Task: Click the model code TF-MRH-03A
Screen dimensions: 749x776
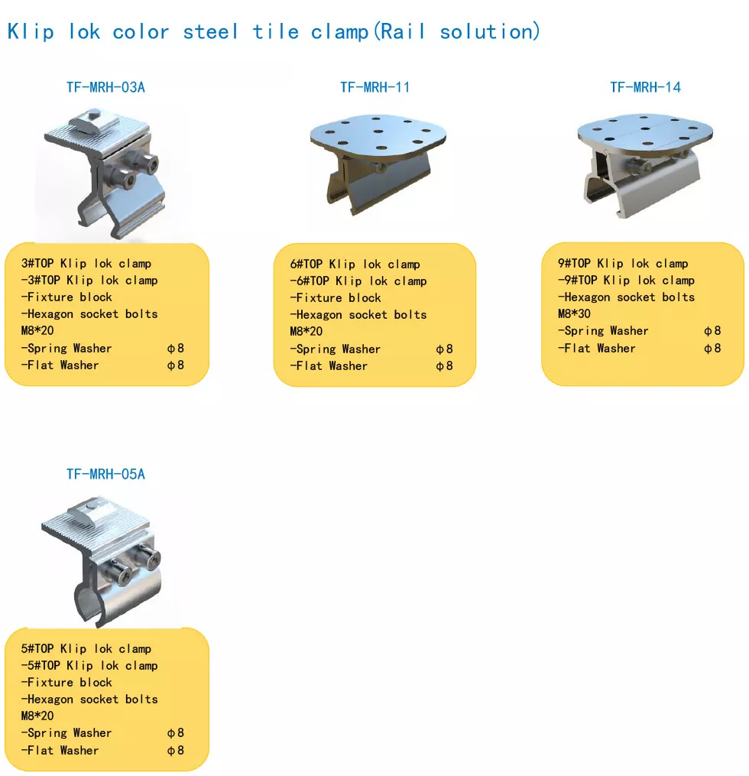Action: [106, 88]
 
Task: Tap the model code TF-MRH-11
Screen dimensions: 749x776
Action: [375, 88]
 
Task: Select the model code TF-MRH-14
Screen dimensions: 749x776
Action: [645, 88]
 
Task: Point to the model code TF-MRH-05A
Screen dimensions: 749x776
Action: [106, 474]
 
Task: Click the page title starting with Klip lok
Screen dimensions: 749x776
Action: [274, 31]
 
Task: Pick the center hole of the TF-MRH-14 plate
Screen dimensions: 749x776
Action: [645, 130]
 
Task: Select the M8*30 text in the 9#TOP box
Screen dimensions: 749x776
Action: [574, 313]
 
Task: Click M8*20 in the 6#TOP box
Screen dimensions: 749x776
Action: [306, 332]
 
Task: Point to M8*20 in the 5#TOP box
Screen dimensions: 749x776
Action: [37, 716]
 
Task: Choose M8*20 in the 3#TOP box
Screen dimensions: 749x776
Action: [37, 330]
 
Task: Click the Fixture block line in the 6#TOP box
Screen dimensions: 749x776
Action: [336, 298]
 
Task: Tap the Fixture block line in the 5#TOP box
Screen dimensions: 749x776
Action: [66, 683]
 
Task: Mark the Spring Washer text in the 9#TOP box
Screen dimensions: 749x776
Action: [603, 330]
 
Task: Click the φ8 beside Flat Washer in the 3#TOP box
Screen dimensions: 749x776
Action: [176, 365]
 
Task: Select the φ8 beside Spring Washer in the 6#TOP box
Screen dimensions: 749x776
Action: [444, 349]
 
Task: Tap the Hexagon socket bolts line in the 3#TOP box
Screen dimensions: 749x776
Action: [89, 313]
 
